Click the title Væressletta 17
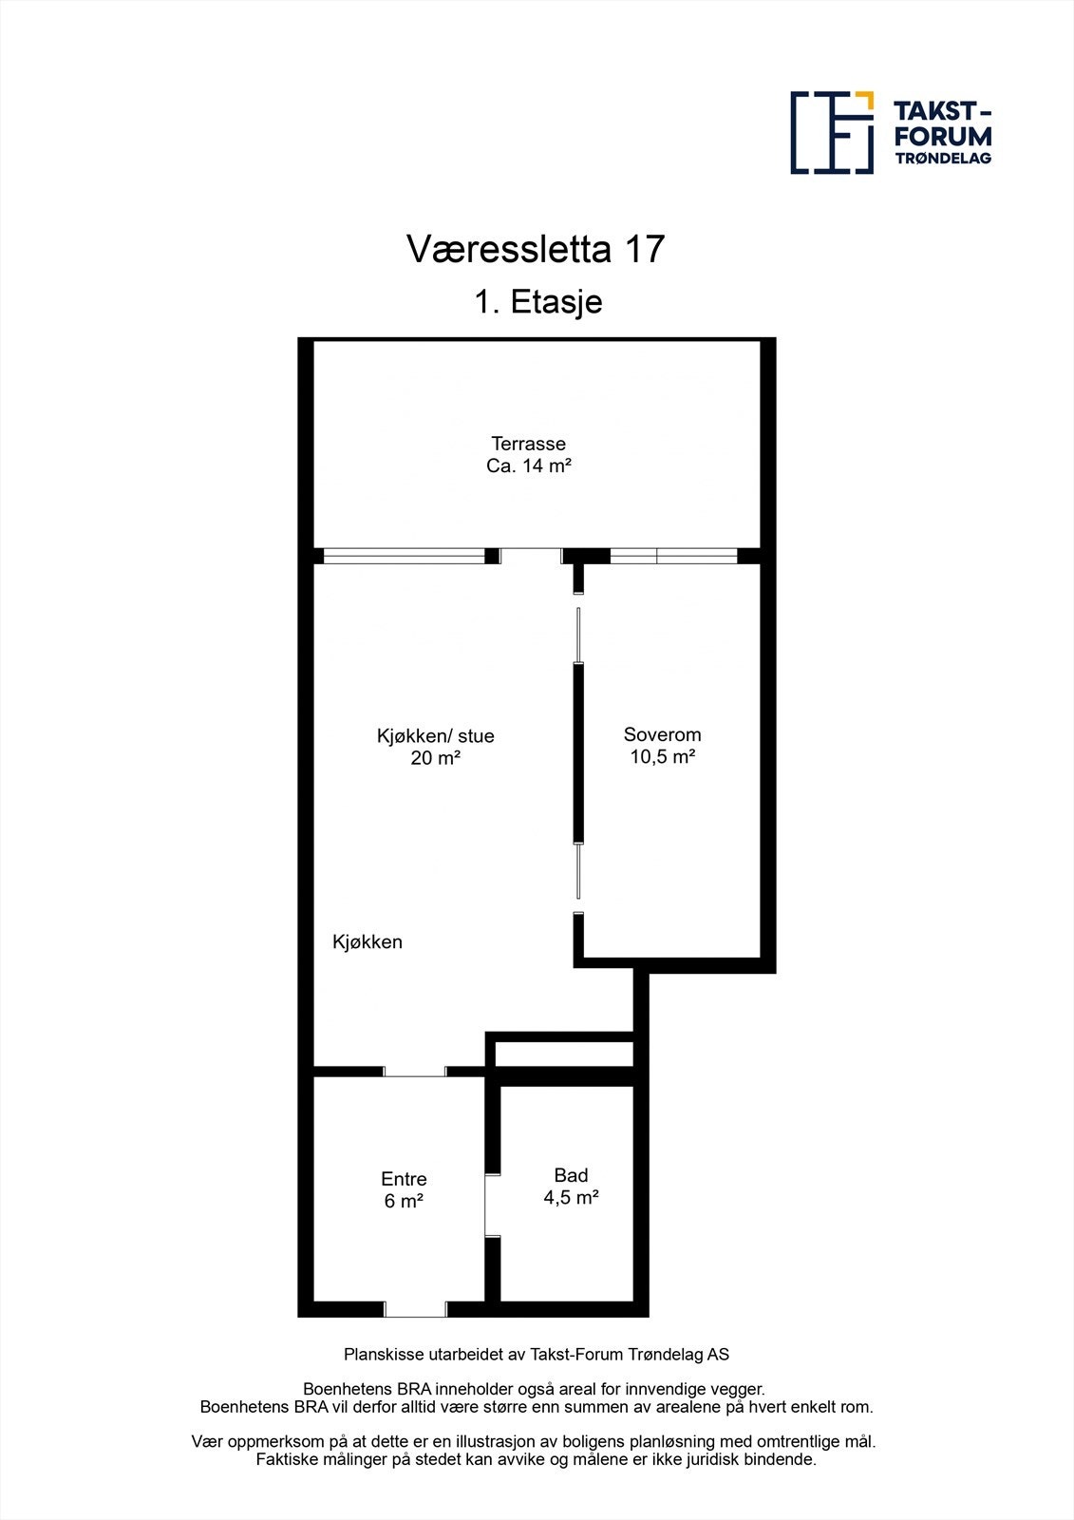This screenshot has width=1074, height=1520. tap(536, 250)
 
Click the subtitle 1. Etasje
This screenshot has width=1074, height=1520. tap(538, 302)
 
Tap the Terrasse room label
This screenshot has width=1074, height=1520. tap(528, 444)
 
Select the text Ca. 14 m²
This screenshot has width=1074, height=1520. tap(528, 466)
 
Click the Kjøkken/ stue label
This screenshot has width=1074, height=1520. tap(435, 736)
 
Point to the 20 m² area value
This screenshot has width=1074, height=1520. tap(435, 758)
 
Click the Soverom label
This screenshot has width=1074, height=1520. tap(662, 734)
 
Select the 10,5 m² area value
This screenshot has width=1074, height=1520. tap(662, 757)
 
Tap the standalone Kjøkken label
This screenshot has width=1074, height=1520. tap(367, 942)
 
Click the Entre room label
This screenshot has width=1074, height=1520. tap(404, 1179)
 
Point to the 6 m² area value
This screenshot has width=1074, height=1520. tap(404, 1201)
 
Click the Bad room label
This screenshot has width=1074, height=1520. tap(571, 1176)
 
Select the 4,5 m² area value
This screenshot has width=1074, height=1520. tap(571, 1198)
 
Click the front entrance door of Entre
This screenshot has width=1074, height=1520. tap(415, 1309)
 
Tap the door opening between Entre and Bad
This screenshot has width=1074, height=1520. tap(492, 1205)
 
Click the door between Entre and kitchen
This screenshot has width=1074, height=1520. tap(415, 1072)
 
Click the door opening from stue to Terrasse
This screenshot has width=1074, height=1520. tap(531, 556)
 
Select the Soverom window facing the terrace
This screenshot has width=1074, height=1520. tap(673, 556)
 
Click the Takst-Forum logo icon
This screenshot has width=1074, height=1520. tap(832, 133)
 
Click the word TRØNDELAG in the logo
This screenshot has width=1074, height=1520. tap(943, 159)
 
